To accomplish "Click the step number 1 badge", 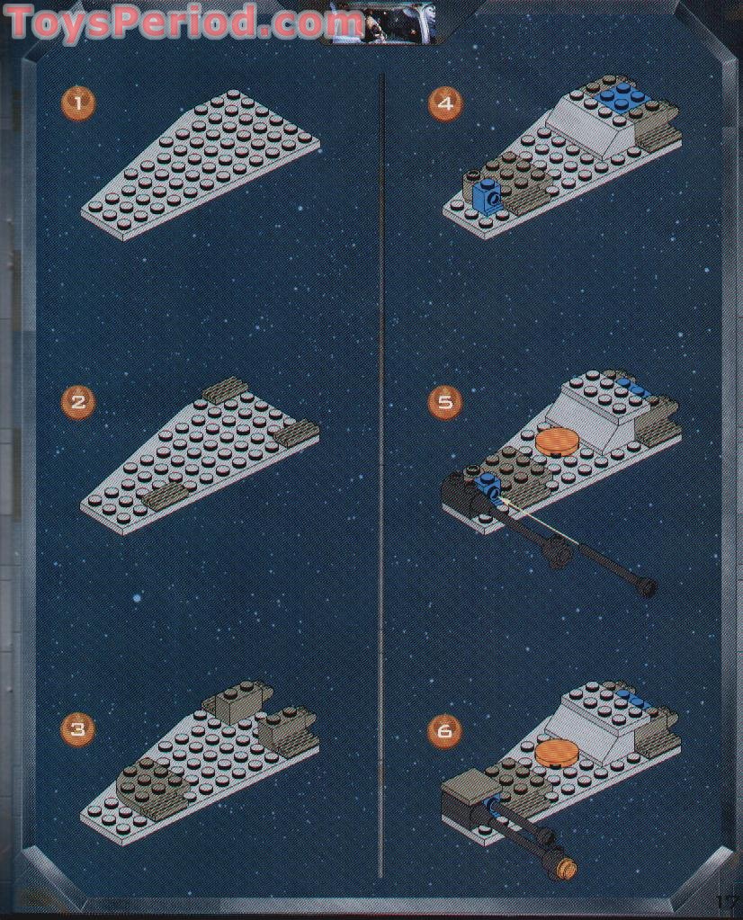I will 78,103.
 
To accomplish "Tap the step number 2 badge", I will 78,401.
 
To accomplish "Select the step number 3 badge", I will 78,728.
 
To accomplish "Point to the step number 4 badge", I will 444,103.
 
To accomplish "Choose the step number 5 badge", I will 444,401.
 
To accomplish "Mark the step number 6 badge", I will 444,730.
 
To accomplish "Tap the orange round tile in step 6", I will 558,752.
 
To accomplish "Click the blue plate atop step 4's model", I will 621,97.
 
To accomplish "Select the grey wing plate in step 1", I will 198,162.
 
